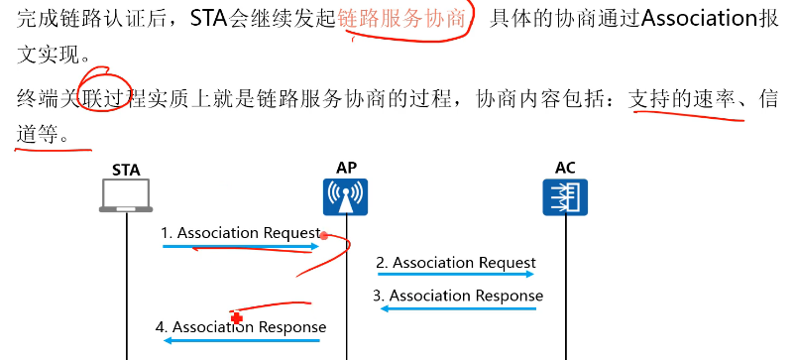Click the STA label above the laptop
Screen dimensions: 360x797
point(126,170)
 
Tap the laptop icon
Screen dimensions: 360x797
point(127,196)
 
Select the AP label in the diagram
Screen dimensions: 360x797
point(347,169)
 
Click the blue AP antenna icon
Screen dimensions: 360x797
point(346,197)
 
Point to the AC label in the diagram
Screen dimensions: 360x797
point(565,168)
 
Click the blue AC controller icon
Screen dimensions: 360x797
point(565,197)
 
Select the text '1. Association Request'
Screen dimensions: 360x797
point(241,233)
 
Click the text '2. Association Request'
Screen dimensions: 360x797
point(456,263)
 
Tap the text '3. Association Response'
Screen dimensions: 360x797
point(458,296)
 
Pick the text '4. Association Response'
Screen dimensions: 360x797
point(241,326)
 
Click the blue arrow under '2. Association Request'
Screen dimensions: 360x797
point(456,276)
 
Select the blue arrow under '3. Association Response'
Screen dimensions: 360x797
point(458,308)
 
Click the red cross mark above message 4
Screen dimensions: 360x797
point(236,316)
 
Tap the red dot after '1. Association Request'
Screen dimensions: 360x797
point(324,236)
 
